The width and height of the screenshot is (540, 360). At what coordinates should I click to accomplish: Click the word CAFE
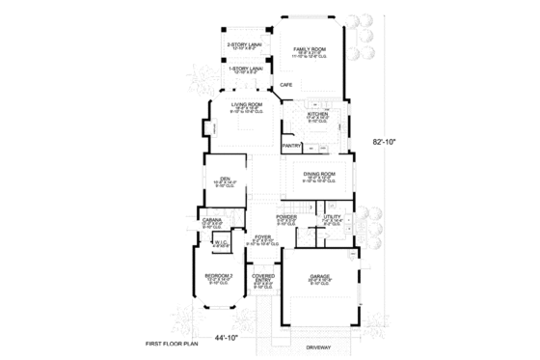tap(286, 86)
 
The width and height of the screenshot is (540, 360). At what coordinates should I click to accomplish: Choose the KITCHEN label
tap(318, 114)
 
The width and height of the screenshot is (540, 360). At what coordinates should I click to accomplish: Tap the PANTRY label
tap(291, 146)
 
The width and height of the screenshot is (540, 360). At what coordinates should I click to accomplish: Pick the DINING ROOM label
tap(318, 174)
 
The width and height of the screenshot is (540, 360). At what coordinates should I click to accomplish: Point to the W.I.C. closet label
tap(220, 243)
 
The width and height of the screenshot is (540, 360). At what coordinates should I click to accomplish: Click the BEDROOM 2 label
tap(218, 278)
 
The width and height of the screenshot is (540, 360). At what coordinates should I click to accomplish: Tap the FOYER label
tap(261, 236)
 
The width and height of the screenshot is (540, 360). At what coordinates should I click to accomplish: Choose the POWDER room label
tap(286, 217)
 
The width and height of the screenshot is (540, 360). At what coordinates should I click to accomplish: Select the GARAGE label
tap(320, 277)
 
